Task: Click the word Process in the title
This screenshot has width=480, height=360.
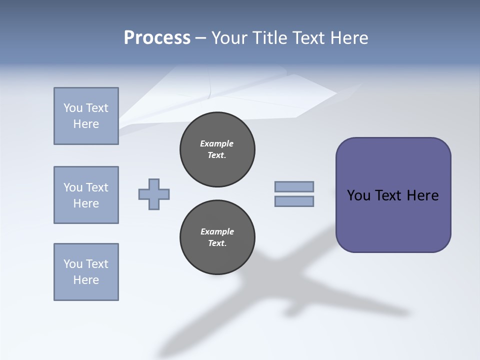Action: click(157, 38)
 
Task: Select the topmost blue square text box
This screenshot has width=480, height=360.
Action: click(86, 116)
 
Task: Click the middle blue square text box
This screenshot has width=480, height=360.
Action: click(86, 195)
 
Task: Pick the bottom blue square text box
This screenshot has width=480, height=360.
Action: click(86, 272)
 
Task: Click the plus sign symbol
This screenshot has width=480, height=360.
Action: click(154, 194)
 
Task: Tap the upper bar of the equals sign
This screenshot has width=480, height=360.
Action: click(294, 186)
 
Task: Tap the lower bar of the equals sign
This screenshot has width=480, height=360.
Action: click(294, 201)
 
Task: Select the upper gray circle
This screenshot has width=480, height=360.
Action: click(217, 149)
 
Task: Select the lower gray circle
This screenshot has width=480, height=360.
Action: click(217, 237)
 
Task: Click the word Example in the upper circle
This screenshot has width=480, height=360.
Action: click(217, 143)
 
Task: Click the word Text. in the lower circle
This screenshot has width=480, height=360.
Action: click(217, 243)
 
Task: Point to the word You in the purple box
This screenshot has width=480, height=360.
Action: click(358, 195)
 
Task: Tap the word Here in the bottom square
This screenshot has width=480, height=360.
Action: click(86, 280)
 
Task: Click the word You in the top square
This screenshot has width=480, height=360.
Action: click(73, 108)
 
